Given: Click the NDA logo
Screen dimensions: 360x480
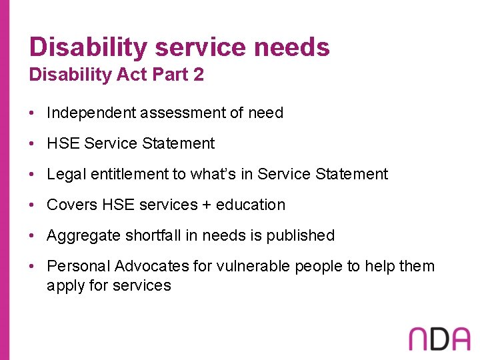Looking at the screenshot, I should pos(439,338).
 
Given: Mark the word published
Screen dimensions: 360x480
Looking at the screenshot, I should pos(301,235).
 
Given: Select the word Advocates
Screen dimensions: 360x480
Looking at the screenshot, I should pos(152,266).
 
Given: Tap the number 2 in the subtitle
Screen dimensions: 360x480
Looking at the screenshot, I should pos(198,75).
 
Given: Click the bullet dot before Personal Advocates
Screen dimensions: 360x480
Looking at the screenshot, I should pos(32,267).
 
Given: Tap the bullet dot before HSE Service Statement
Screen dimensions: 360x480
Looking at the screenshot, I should pos(32,144).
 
